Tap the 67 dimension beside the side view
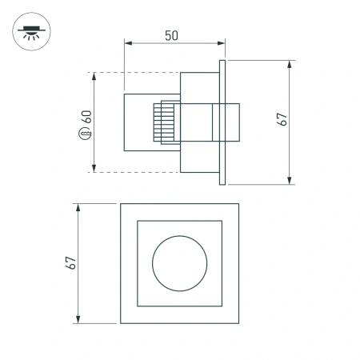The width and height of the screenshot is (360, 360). pyautogui.click(x=281, y=121)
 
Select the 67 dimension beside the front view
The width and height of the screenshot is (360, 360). pyautogui.click(x=70, y=262)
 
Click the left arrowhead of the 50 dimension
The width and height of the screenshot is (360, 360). pyautogui.click(x=127, y=41)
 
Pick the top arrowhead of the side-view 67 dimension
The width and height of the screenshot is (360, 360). pyautogui.click(x=290, y=63)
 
